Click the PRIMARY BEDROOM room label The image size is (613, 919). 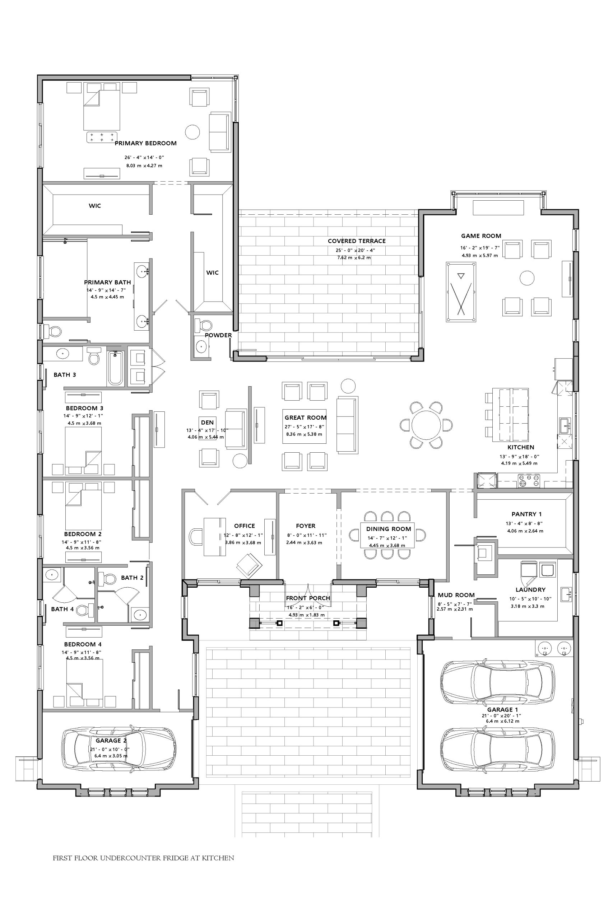pyautogui.click(x=145, y=143)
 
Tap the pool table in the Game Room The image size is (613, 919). pyautogui.click(x=461, y=292)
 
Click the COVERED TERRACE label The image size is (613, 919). pyautogui.click(x=357, y=241)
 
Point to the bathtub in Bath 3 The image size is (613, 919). pyautogui.click(x=115, y=368)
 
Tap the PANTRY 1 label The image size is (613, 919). pyautogui.click(x=526, y=514)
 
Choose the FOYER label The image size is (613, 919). pyautogui.click(x=305, y=526)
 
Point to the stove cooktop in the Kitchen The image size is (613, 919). pyautogui.click(x=529, y=481)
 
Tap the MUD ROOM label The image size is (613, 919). pyautogui.click(x=456, y=595)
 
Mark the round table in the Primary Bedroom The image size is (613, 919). pyautogui.click(x=192, y=132)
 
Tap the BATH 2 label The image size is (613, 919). pyautogui.click(x=132, y=578)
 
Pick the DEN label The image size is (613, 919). pyautogui.click(x=207, y=423)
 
